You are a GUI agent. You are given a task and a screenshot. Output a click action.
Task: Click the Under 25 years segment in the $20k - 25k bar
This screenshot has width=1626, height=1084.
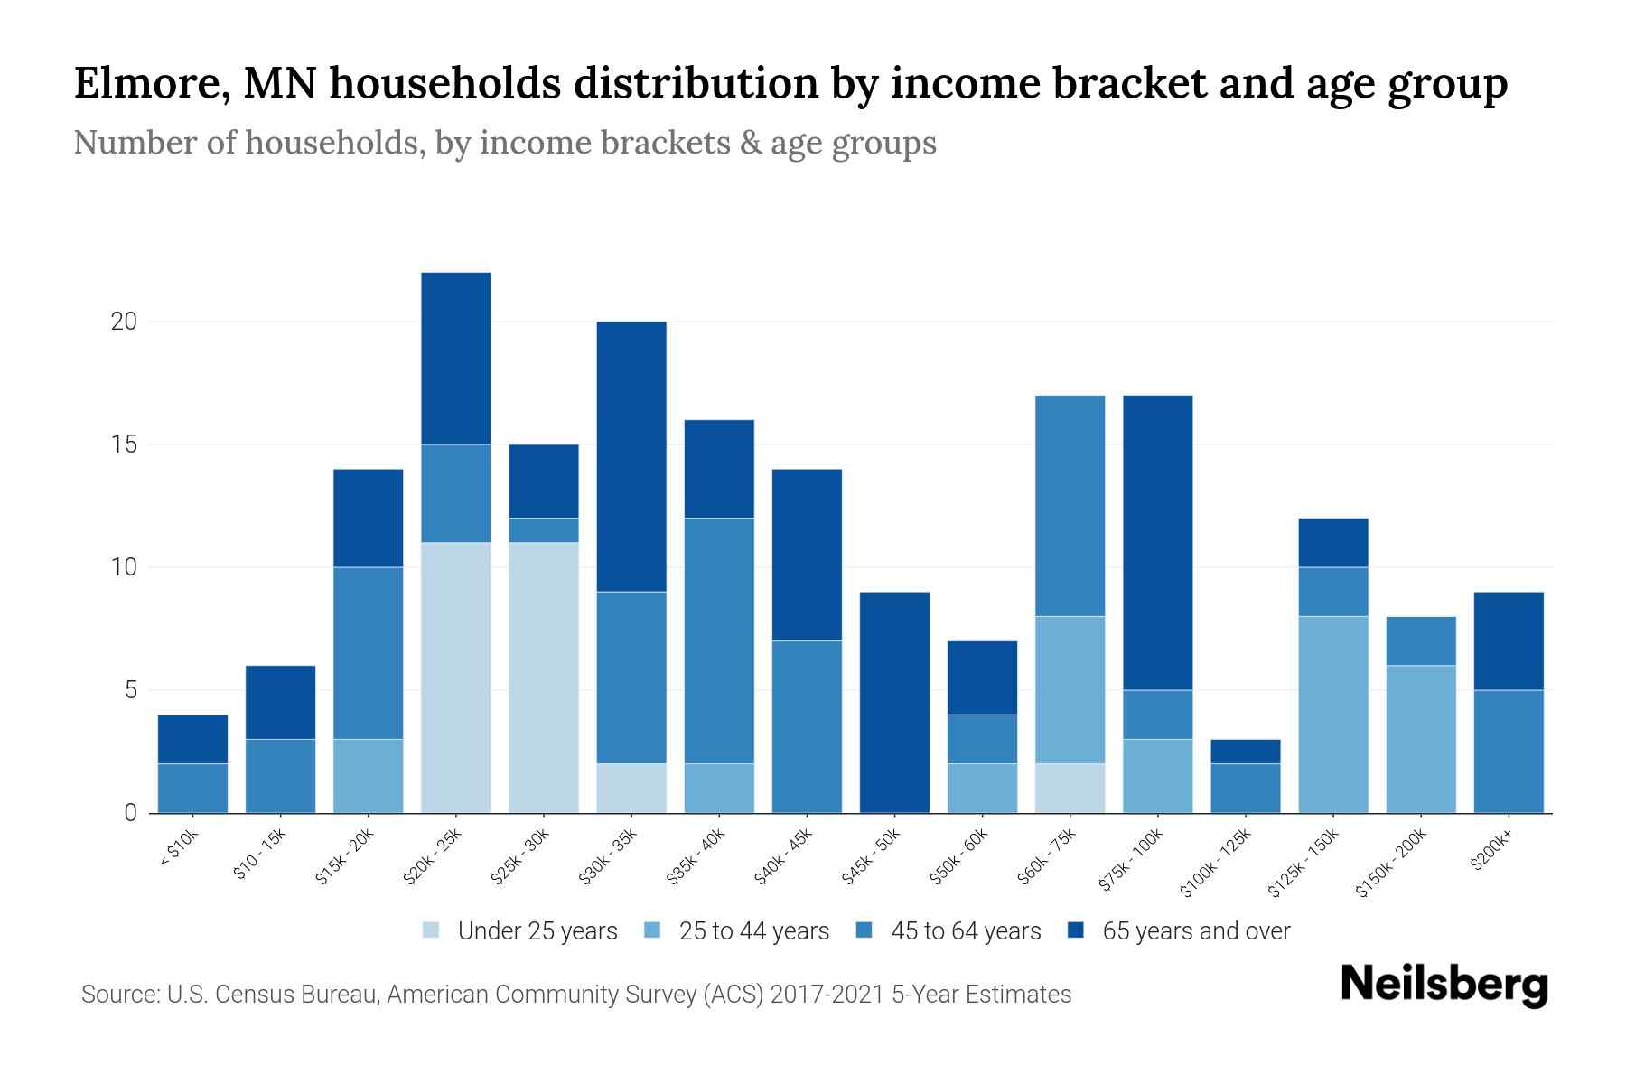[x=456, y=677]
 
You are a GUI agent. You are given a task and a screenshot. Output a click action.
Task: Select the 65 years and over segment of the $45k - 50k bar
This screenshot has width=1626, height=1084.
[x=894, y=702]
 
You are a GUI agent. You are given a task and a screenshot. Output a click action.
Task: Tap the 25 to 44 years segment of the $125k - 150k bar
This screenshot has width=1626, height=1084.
[x=1333, y=714]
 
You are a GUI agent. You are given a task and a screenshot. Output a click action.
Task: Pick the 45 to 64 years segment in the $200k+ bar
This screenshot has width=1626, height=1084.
[x=1509, y=751]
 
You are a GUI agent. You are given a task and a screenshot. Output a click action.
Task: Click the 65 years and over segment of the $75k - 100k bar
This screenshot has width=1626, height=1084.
[x=1158, y=542]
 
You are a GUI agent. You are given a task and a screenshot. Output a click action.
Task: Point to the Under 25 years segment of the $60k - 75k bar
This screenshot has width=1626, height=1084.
[x=1070, y=788]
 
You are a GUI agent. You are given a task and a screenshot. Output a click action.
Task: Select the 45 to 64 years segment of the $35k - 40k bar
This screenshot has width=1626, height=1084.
[x=719, y=640]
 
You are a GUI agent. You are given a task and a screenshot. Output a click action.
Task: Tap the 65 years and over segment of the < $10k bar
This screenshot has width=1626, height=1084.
[x=192, y=739]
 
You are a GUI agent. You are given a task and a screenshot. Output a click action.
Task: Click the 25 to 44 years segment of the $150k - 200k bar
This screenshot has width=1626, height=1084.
[x=1421, y=739]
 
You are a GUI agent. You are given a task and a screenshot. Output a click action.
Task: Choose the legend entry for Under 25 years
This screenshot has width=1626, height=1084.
[x=537, y=931]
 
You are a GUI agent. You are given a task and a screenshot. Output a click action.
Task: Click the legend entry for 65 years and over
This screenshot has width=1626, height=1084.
[x=1195, y=931]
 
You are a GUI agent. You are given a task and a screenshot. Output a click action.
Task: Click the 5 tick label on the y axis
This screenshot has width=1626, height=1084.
[x=130, y=691]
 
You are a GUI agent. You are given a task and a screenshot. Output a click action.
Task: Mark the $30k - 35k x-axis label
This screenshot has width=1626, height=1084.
[x=610, y=857]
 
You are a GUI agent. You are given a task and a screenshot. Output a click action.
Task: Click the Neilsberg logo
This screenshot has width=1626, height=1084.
[x=1444, y=985]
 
